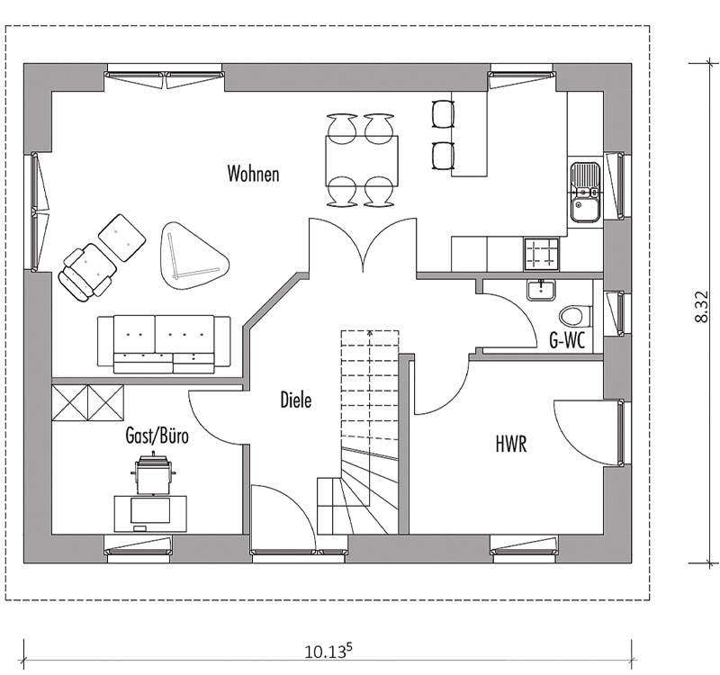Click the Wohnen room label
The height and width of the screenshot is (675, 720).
[253, 174]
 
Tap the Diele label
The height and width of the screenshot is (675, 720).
[296, 400]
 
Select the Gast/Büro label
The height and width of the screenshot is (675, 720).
[157, 436]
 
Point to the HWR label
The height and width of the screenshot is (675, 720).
[511, 444]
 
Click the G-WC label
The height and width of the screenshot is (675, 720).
[567, 340]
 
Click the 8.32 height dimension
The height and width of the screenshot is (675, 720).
[701, 306]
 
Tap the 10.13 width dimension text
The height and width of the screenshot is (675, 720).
[328, 651]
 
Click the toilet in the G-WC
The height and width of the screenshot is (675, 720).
[575, 316]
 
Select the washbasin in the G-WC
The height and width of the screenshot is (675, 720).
[542, 290]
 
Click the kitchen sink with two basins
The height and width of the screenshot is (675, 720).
[585, 192]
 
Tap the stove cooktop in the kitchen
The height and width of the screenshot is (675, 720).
[541, 255]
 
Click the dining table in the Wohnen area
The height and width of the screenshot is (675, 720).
[362, 160]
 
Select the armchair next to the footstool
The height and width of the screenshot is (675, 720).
[87, 273]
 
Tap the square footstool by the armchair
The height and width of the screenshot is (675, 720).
[122, 238]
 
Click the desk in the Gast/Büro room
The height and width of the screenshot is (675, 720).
[150, 513]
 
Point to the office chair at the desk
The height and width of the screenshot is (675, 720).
[153, 474]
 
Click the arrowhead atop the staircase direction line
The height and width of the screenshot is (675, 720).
[369, 332]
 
